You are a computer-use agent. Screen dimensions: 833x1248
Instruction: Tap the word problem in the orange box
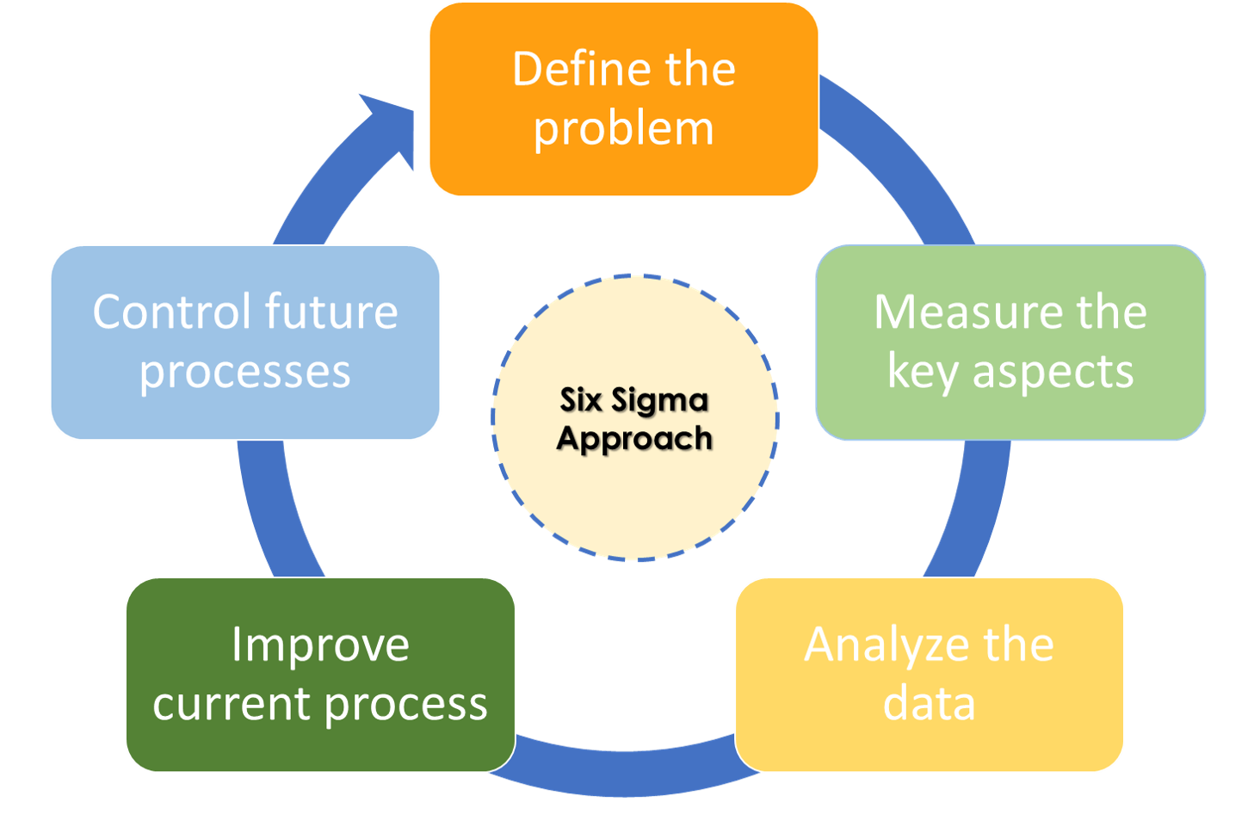(624, 129)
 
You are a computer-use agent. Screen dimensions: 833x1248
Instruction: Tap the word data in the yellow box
(930, 703)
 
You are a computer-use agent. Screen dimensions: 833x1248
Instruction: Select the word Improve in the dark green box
(320, 645)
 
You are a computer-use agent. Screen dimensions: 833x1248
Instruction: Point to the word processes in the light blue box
(245, 372)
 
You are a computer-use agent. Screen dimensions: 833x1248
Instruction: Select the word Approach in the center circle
(634, 439)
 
